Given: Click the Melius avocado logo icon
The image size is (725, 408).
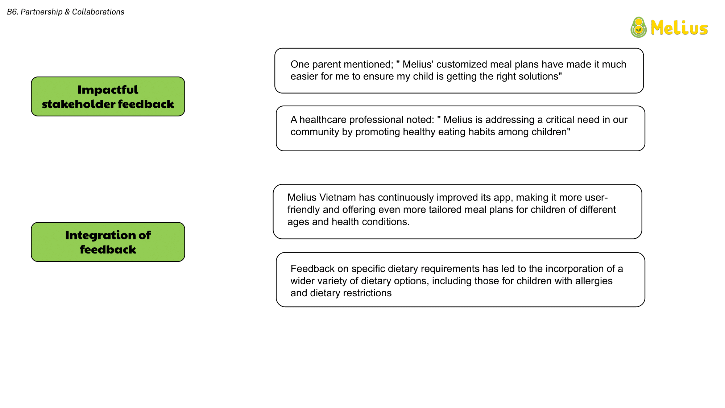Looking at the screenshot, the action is click(639, 27).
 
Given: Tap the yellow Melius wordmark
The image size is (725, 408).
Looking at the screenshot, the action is click(679, 28).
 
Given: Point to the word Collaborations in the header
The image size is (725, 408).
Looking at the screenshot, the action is click(98, 12).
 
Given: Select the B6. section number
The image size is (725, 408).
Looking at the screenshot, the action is click(13, 12).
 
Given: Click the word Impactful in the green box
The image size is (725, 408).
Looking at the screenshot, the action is click(108, 90).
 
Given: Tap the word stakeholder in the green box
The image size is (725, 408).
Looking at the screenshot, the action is click(78, 104).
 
